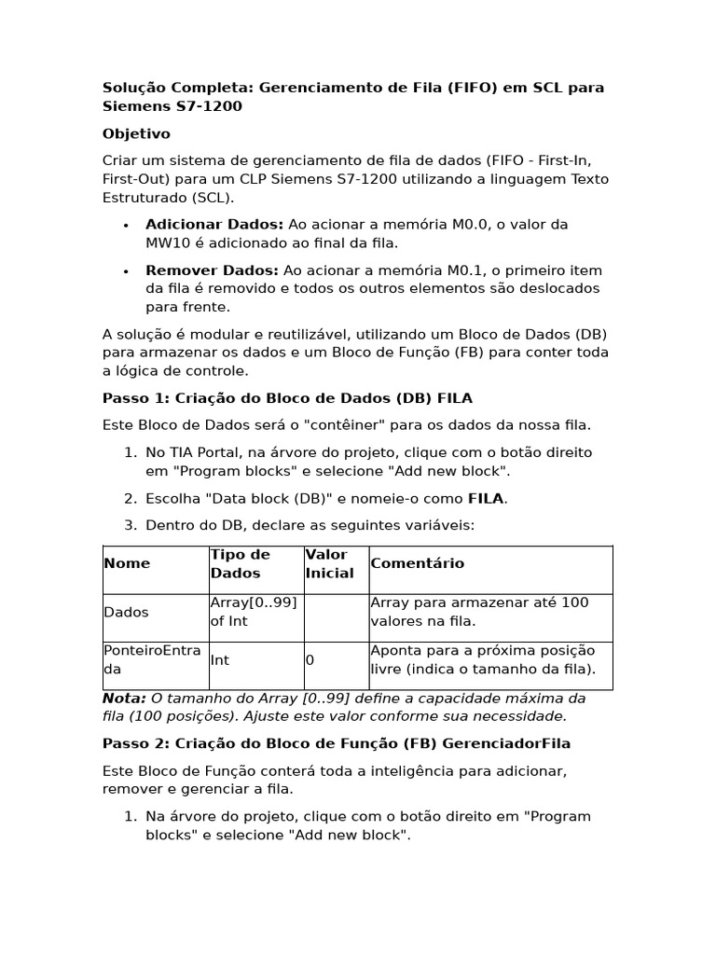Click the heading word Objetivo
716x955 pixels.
pyautogui.click(x=136, y=134)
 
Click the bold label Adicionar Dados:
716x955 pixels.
pyautogui.click(x=214, y=225)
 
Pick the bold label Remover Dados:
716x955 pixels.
pyautogui.click(x=212, y=270)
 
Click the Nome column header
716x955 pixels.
pyautogui.click(x=127, y=563)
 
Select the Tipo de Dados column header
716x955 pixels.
pyautogui.click(x=241, y=563)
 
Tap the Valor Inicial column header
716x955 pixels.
pyautogui.click(x=329, y=563)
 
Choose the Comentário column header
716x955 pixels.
pyautogui.click(x=417, y=563)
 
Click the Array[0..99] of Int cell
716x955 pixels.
pyautogui.click(x=254, y=612)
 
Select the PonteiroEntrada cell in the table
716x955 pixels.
pyautogui.click(x=152, y=659)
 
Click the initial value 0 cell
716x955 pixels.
pyautogui.click(x=310, y=660)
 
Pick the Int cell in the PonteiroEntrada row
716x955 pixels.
pyautogui.click(x=220, y=660)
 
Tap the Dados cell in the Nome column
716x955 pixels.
pyautogui.click(x=126, y=613)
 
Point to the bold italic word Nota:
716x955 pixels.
pyautogui.click(x=124, y=699)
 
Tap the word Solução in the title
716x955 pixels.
pyautogui.click(x=131, y=88)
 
